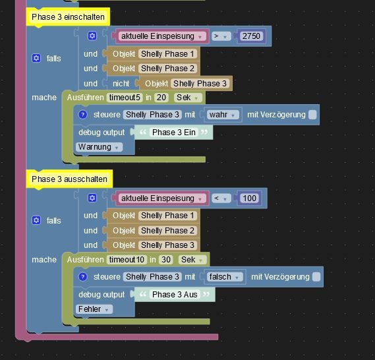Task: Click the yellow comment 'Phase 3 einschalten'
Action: pyautogui.click(x=68, y=16)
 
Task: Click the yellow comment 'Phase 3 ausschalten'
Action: pyautogui.click(x=69, y=179)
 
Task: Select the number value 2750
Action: pyautogui.click(x=251, y=36)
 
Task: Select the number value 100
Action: pyautogui.click(x=249, y=198)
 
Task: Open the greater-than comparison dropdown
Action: pyautogui.click(x=221, y=36)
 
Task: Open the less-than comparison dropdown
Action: pyautogui.click(x=221, y=198)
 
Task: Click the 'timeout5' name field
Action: pyautogui.click(x=125, y=98)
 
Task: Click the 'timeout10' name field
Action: pyautogui.click(x=127, y=260)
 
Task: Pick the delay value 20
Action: pyautogui.click(x=161, y=98)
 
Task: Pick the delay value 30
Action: pyautogui.click(x=166, y=260)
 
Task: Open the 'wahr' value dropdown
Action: pyautogui.click(x=222, y=115)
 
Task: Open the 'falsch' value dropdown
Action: pyautogui.click(x=224, y=277)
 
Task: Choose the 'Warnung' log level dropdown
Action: pyautogui.click(x=100, y=147)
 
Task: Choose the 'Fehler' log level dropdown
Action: pyautogui.click(x=94, y=309)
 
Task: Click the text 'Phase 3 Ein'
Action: pyautogui.click(x=173, y=133)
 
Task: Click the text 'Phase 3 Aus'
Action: pyautogui.click(x=175, y=295)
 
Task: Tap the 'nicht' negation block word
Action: pyautogui.click(x=121, y=84)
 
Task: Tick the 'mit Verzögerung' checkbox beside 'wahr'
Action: pyautogui.click(x=312, y=115)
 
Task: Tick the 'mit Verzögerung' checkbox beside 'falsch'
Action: pyautogui.click(x=316, y=277)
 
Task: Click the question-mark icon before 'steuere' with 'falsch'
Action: pyautogui.click(x=83, y=277)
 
